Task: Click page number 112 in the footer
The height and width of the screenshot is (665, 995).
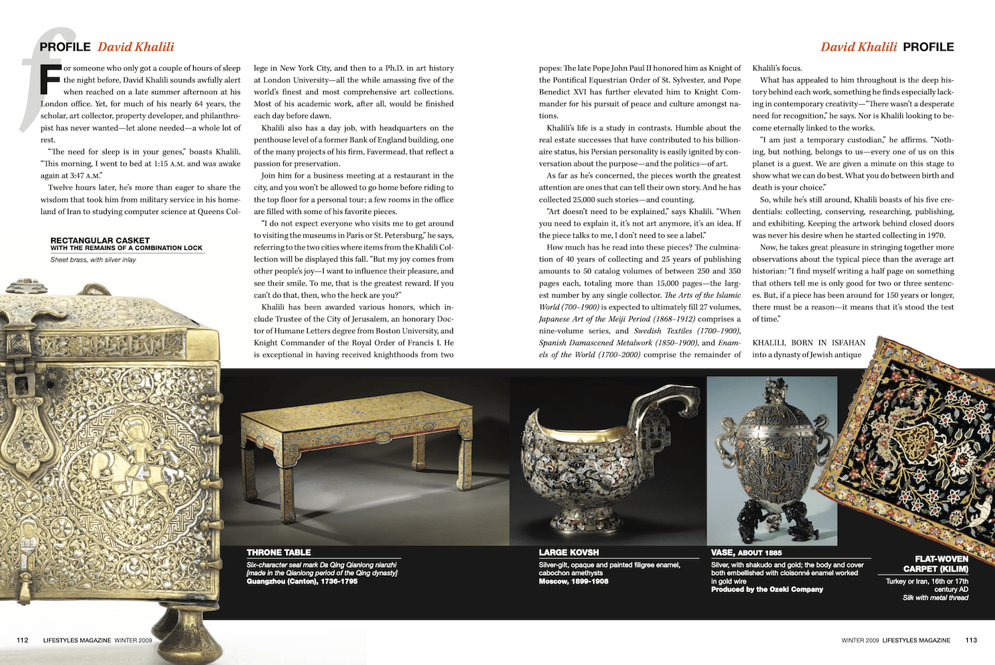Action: coord(23,640)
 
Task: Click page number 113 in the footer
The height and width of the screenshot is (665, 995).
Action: coord(971,640)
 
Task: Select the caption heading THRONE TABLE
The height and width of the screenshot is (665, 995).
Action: coord(279,552)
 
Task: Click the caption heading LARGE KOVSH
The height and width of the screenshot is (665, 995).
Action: coord(568,552)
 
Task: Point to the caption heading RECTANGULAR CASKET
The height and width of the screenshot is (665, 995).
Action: coord(100,240)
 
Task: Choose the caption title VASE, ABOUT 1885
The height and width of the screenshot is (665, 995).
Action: coord(746,552)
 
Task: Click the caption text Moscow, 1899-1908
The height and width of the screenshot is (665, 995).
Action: coord(573,581)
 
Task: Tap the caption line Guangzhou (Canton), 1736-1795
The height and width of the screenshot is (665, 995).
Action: coord(302,581)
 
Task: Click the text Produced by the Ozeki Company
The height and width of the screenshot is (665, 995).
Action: coord(767,589)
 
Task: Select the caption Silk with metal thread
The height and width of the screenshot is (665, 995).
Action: coord(935,598)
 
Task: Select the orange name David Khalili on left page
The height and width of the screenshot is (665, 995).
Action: coord(135,47)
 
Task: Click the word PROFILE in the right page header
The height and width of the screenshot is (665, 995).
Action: coord(928,47)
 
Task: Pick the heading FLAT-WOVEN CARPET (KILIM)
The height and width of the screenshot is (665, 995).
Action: coord(935,564)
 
